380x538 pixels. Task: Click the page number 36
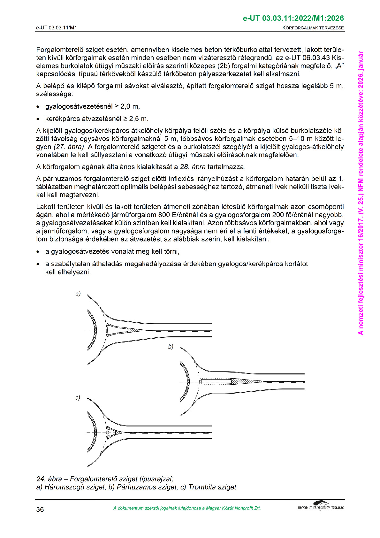[x=40, y=509]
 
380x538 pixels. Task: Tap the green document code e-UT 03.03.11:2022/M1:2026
[x=293, y=19]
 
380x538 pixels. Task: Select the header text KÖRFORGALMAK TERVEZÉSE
[x=313, y=28]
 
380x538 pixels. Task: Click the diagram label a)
[x=78, y=294]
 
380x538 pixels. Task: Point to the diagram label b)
[x=171, y=347]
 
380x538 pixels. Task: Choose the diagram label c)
[x=78, y=398]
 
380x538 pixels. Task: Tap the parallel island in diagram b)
[x=216, y=381]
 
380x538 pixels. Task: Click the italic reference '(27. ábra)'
[x=69, y=147]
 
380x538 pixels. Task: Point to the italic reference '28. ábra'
[x=193, y=167]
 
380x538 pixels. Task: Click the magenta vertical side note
[x=361, y=192]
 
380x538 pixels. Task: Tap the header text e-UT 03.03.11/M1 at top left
[x=57, y=28]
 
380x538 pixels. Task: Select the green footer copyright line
[x=187, y=508]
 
